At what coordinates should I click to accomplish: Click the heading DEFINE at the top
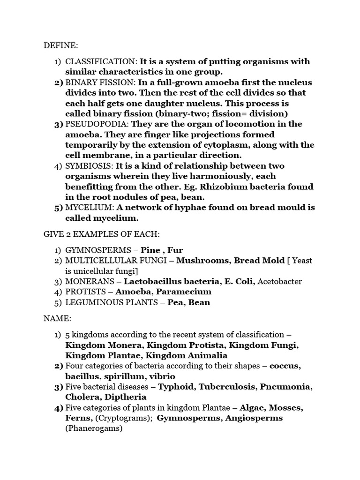tap(61, 45)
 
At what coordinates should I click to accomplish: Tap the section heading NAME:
tap(57, 318)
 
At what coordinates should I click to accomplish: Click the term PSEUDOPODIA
tap(97, 124)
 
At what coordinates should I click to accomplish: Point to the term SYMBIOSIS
tap(88, 166)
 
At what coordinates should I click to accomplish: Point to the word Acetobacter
tap(280, 282)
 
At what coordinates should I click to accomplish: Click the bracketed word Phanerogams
tap(93, 428)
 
